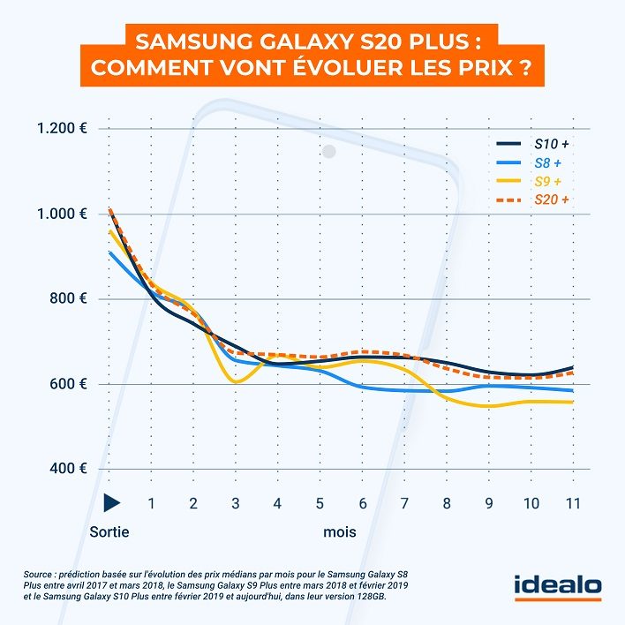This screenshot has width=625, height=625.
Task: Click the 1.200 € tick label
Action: point(62,128)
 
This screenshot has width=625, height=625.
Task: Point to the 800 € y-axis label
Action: point(68,298)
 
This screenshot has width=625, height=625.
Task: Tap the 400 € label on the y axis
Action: point(68,468)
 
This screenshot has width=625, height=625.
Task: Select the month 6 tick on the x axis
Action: point(362,503)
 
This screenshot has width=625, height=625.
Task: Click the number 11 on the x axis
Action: point(573,503)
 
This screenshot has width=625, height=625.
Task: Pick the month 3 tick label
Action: point(236,503)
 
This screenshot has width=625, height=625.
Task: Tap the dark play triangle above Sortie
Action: point(111,502)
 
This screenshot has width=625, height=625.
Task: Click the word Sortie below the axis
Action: point(109,531)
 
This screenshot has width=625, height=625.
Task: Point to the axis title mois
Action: point(340,531)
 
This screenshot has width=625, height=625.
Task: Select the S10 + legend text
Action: point(552,144)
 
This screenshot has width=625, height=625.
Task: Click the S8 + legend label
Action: point(547,162)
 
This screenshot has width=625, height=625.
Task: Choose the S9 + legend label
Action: point(547,181)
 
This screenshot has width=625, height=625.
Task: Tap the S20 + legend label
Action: point(552,200)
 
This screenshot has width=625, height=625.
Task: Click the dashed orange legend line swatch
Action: point(508,200)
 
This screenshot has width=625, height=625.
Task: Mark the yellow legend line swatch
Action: point(508,181)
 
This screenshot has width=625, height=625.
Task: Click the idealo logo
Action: point(558,588)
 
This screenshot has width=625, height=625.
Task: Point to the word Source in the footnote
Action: point(37,575)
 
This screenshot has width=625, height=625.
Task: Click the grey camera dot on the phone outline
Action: point(329,152)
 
